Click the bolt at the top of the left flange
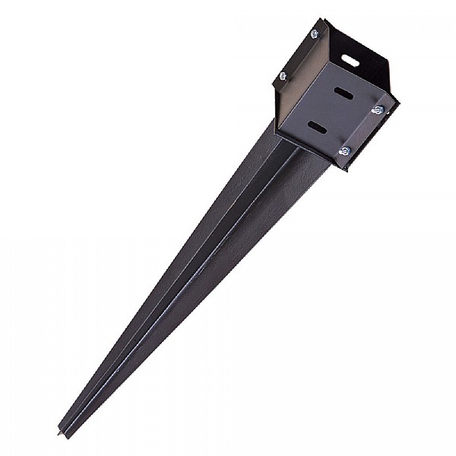pyautogui.click(x=314, y=33)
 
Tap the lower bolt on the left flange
pyautogui.click(x=283, y=75)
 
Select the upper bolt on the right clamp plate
pyautogui.click(x=377, y=110)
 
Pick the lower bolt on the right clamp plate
pyautogui.click(x=344, y=151)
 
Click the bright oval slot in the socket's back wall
pyautogui.click(x=350, y=59)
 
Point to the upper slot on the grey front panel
pyautogui.click(x=344, y=93)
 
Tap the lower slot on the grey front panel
pyautogui.click(x=318, y=127)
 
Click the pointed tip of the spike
pyautogui.click(x=62, y=435)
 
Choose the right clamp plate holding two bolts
pyautogui.click(x=363, y=131)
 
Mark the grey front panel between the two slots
pyautogui.click(x=331, y=110)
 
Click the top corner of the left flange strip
pyautogui.click(x=323, y=21)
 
